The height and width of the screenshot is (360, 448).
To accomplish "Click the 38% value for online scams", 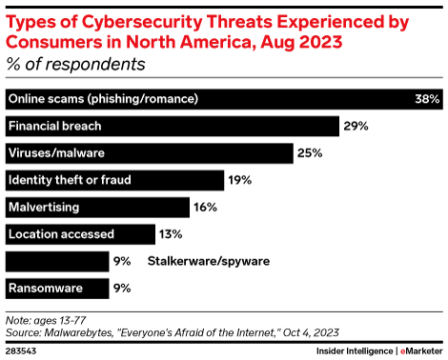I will tap(426, 99).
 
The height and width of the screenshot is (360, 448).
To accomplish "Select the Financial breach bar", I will tap(172, 126).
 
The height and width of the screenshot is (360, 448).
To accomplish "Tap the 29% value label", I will tap(356, 126).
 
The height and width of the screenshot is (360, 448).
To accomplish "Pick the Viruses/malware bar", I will tap(148, 153).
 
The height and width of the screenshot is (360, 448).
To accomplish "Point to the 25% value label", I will tap(309, 153).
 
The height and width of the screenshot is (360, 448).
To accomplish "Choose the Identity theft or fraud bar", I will tap(113, 180).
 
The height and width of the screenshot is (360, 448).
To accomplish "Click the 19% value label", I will tap(239, 180).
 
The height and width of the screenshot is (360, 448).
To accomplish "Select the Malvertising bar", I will tap(96, 207).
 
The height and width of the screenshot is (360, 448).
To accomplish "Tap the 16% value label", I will tap(206, 207).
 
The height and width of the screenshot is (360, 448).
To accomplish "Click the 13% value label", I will tap(171, 233).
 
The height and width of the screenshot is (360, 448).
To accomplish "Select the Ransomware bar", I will tap(56, 288).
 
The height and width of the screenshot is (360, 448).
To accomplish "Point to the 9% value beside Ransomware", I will tap(122, 288).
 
